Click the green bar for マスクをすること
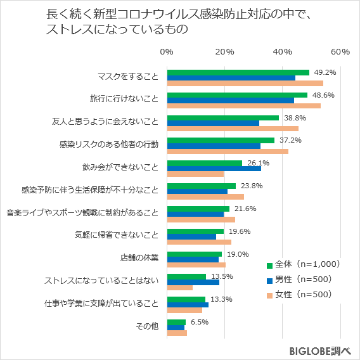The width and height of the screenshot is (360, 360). click(x=238, y=72)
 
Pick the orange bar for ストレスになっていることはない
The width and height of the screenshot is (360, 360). click(x=179, y=288)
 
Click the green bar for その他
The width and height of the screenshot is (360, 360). click(x=176, y=322)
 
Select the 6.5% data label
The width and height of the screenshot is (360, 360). click(x=199, y=322)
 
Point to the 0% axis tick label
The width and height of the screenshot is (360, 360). click(x=167, y=51)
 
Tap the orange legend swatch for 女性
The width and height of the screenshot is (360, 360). click(x=269, y=295)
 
